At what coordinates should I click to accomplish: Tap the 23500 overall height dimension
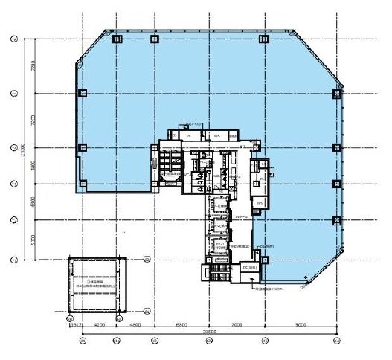(x=25, y=150)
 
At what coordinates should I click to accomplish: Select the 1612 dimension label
(x=74, y=325)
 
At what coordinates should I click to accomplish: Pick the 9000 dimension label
(x=301, y=325)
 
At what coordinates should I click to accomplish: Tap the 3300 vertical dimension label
(x=32, y=240)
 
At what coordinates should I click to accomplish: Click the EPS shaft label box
(x=260, y=202)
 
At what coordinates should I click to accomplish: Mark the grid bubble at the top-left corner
(x=13, y=39)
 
